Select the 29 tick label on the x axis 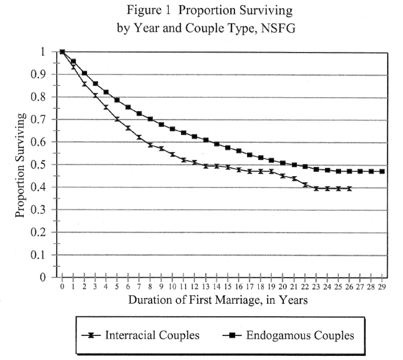pos(382,286)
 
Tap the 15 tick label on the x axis pos(228,286)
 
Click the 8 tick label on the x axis pos(151,286)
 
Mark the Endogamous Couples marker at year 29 pos(382,171)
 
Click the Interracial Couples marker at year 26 pos(349,188)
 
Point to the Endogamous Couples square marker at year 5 pos(117,100)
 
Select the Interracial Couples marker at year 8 pos(151,145)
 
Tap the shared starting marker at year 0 pos(62,51)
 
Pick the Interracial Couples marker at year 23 pos(316,188)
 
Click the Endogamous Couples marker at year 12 pos(195,136)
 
